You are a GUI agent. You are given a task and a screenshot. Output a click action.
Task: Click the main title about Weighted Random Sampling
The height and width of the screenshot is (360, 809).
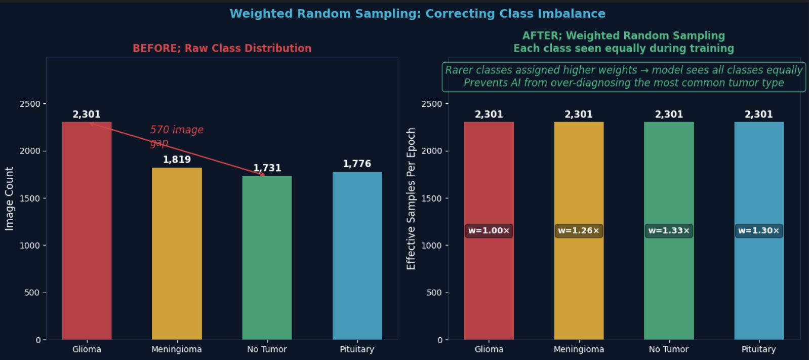click(418, 14)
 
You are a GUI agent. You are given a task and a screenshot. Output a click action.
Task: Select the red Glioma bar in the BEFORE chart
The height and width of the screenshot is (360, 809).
click(87, 231)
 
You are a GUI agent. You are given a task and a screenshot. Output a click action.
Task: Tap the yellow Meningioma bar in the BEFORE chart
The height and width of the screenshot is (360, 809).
click(177, 254)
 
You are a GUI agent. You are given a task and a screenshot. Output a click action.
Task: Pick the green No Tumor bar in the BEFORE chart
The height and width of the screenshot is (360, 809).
click(267, 258)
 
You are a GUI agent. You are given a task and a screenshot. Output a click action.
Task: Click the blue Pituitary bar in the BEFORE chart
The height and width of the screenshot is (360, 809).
click(357, 256)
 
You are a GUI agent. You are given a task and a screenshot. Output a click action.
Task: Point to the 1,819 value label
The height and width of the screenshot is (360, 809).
click(177, 159)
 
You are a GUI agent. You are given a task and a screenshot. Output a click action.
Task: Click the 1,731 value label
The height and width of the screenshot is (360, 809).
click(267, 168)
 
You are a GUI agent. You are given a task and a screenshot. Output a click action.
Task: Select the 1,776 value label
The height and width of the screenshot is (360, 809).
click(357, 164)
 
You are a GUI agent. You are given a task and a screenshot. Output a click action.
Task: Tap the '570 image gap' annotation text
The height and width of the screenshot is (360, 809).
click(177, 136)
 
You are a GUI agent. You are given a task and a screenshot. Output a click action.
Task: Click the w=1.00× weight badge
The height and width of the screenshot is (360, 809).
click(489, 231)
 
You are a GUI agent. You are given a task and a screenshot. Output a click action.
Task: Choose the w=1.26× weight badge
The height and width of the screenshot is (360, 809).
click(579, 231)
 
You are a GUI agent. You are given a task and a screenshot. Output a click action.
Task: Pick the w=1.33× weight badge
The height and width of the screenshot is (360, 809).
click(669, 231)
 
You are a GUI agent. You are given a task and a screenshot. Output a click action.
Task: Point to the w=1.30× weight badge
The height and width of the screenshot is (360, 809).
click(759, 231)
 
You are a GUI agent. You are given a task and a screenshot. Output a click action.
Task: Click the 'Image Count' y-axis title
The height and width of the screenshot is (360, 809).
click(10, 198)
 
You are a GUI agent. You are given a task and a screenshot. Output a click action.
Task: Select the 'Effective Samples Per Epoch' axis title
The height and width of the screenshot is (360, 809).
click(411, 198)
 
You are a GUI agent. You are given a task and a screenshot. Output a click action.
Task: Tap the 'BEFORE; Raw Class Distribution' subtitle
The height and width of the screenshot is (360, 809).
click(222, 49)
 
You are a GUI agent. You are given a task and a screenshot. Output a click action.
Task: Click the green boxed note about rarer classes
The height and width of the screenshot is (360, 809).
click(624, 76)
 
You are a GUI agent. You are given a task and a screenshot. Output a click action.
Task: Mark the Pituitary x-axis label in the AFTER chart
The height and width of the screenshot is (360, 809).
click(758, 349)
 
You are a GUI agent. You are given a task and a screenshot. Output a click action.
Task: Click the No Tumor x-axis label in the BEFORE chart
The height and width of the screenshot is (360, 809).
click(267, 349)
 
